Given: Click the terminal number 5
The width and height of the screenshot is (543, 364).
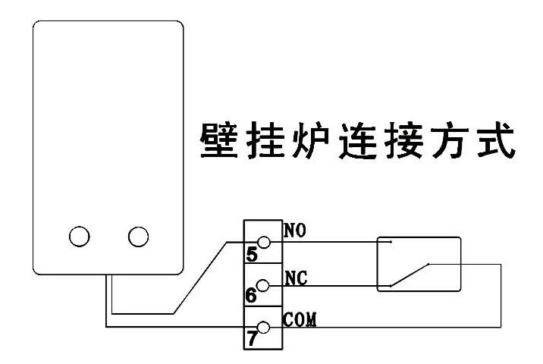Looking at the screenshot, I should click(x=251, y=254).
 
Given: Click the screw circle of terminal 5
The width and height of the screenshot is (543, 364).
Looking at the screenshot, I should click(x=264, y=243).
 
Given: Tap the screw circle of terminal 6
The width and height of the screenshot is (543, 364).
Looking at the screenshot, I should click(x=264, y=286).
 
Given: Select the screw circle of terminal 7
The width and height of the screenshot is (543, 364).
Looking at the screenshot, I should click(x=264, y=328).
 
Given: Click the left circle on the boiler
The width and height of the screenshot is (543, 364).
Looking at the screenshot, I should click(x=79, y=237).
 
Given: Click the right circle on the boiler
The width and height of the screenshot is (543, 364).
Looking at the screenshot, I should click(x=138, y=237).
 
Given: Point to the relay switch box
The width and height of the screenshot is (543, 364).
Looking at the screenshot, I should click(x=419, y=264).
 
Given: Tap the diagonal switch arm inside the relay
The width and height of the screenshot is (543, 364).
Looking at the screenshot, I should click(x=410, y=275).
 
